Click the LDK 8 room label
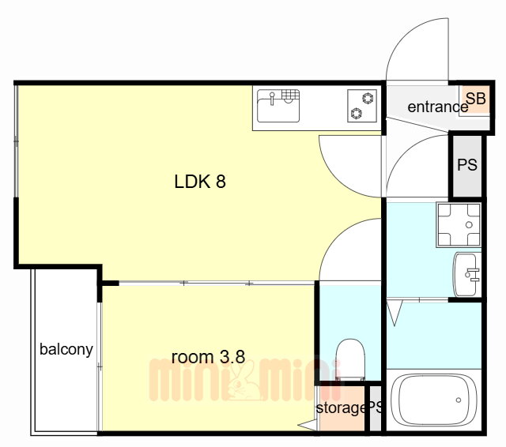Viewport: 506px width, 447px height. point(200,182)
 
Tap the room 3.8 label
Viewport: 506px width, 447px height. point(208,357)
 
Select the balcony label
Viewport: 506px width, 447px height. point(66,350)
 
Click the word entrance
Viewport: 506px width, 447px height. point(437,107)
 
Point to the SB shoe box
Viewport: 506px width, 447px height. point(476,99)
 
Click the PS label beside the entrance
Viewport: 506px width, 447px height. point(467,165)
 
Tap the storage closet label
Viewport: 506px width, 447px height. point(341,408)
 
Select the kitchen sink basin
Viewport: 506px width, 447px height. point(278,111)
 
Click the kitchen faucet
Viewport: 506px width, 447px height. point(272,98)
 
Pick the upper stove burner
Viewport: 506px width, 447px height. point(368,98)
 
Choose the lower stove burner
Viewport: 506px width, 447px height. point(357,113)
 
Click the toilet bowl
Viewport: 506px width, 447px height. point(350,359)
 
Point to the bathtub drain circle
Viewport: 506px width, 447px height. point(459,400)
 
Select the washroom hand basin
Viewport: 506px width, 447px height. point(466,274)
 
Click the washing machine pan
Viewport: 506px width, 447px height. point(459,224)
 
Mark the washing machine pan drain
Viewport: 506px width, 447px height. point(469,225)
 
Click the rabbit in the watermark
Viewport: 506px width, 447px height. point(244,382)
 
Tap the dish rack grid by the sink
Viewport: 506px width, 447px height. point(290,96)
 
